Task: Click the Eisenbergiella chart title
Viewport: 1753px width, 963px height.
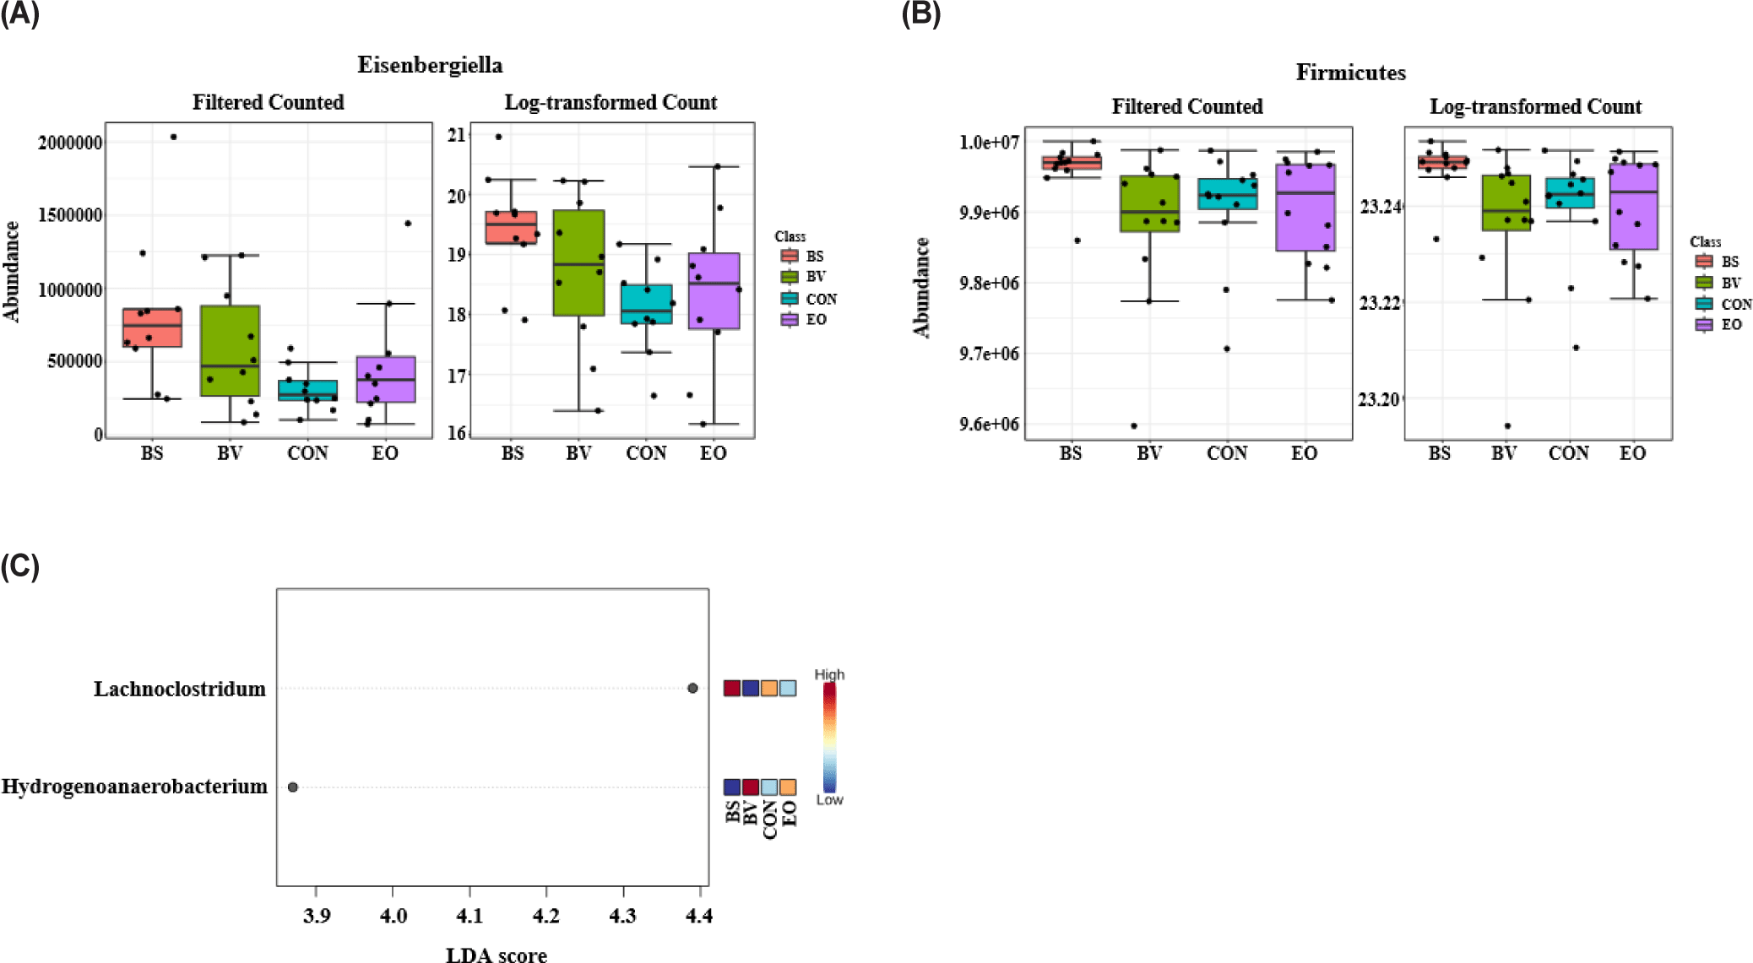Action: coord(430,65)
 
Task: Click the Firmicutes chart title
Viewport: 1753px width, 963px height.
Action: coord(1350,73)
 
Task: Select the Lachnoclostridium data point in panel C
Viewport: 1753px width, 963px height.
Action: coord(692,688)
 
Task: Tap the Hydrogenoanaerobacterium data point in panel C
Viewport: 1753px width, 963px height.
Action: coord(293,787)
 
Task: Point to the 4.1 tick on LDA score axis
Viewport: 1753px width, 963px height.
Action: coord(469,915)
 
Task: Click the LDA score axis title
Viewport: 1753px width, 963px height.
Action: coord(496,955)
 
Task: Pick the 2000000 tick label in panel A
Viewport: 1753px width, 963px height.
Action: coord(70,142)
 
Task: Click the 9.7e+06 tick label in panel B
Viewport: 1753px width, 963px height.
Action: coord(989,353)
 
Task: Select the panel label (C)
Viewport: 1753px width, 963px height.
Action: coord(20,565)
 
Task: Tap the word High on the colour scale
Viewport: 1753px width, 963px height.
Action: coord(829,674)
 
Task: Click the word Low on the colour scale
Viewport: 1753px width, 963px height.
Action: coord(829,799)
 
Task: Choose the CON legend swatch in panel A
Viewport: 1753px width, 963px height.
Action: coord(790,299)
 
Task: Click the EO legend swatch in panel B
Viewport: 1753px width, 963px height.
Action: coord(1704,324)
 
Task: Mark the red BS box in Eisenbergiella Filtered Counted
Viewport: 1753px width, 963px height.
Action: coord(152,327)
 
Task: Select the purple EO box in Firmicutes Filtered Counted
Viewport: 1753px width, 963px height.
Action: coord(1305,208)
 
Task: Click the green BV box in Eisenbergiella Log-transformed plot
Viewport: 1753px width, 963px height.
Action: coord(578,262)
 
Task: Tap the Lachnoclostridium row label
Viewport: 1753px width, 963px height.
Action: coord(179,689)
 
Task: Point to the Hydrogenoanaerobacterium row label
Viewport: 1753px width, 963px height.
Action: coord(134,787)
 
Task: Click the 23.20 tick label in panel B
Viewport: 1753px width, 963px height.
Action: coord(1378,398)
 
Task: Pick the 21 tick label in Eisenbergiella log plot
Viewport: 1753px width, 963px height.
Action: coord(457,135)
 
